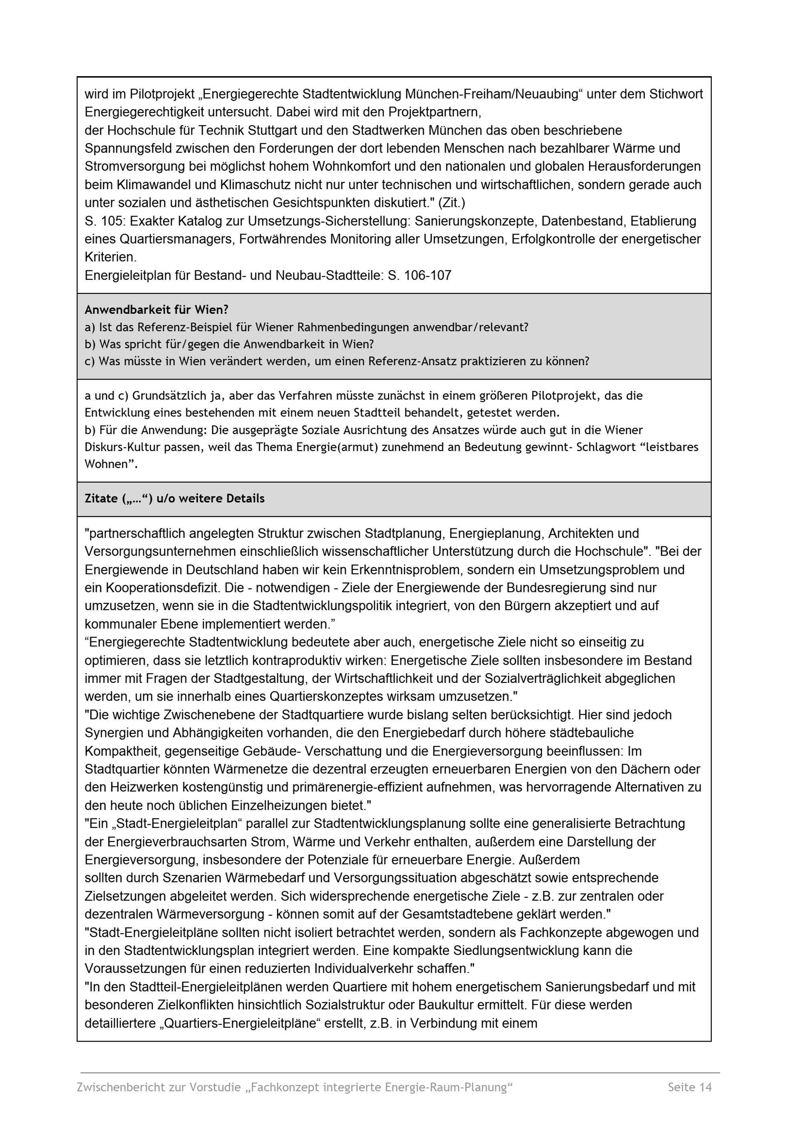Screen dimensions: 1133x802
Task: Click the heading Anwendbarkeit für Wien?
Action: [156, 310]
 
